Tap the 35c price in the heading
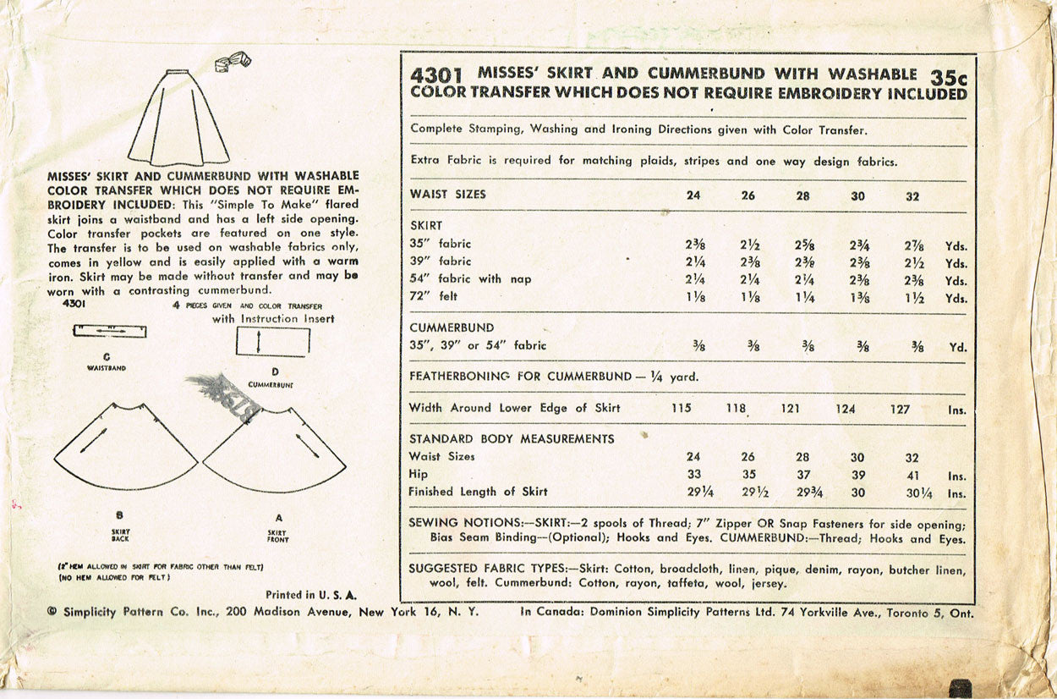click(947, 76)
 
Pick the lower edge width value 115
click(681, 408)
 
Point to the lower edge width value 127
click(900, 409)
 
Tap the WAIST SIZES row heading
click(447, 194)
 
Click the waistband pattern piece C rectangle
click(109, 331)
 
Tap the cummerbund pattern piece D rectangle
click(272, 343)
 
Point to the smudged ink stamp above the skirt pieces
click(222, 390)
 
